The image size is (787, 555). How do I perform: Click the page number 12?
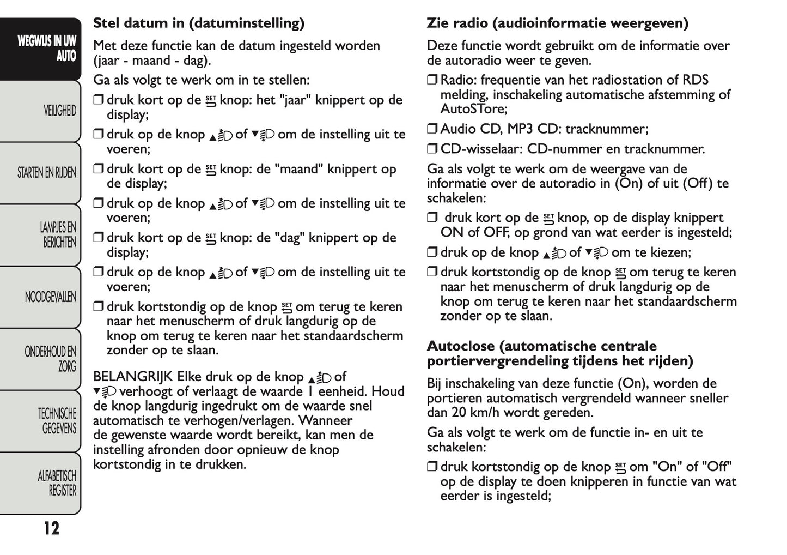click(51, 528)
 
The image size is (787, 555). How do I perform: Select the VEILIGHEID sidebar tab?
click(59, 111)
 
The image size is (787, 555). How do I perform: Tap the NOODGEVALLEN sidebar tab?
click(50, 297)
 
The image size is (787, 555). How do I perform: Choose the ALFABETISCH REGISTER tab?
click(57, 483)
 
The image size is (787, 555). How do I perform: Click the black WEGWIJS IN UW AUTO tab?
click(46, 49)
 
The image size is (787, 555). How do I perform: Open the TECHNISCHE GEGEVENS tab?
click(57, 421)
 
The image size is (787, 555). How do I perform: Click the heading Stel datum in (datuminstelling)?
click(198, 23)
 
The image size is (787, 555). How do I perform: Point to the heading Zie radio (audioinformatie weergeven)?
click(557, 23)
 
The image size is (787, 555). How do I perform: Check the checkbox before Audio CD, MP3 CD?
click(432, 129)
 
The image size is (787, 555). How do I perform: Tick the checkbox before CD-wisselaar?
click(432, 149)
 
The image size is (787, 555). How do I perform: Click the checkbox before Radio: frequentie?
click(432, 80)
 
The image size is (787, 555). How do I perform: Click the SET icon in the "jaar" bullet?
click(210, 101)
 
